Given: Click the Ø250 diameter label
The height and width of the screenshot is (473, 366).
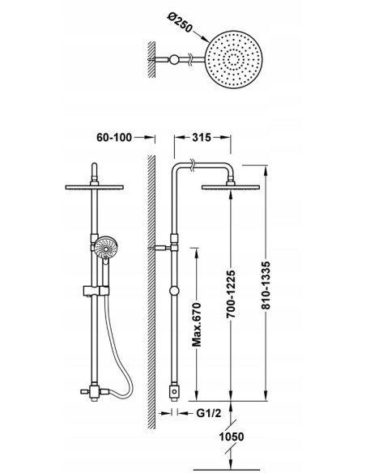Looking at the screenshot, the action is (x=180, y=22).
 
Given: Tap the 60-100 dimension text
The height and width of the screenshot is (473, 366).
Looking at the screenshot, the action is (x=114, y=138).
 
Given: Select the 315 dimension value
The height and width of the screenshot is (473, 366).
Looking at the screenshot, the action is (x=202, y=138).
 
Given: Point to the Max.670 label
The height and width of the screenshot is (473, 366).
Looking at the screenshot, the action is (x=197, y=325).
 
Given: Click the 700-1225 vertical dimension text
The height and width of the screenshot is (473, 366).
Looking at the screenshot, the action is (x=231, y=294).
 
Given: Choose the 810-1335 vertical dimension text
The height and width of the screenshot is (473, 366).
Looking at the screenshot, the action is (x=266, y=285).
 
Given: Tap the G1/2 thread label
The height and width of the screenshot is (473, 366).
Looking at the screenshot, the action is (x=209, y=413).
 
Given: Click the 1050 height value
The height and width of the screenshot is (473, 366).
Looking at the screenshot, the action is (x=232, y=437).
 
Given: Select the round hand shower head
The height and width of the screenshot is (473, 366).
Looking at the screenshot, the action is (x=106, y=248).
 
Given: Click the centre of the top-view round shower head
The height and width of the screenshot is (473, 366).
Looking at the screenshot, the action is (x=234, y=59).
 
